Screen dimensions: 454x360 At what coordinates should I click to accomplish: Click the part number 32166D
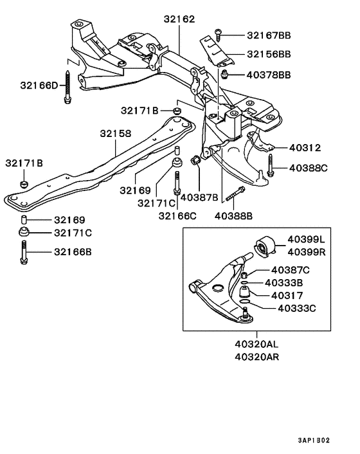pyautogui.click(x=39, y=84)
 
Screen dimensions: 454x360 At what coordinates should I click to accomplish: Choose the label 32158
pyautogui.click(x=115, y=134)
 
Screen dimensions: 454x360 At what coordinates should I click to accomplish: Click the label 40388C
pyautogui.click(x=308, y=168)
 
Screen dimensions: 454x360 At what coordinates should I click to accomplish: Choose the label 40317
pyautogui.click(x=287, y=296)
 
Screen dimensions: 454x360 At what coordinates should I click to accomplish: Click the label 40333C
pyautogui.click(x=296, y=308)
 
